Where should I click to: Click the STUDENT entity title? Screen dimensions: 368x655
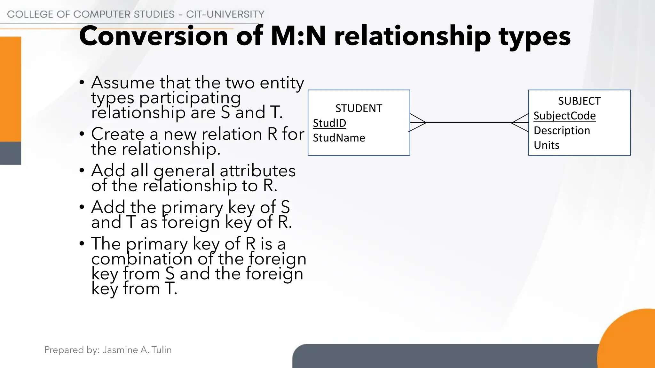tap(359, 109)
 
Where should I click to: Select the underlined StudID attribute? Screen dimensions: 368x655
tap(329, 123)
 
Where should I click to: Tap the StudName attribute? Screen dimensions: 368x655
tap(339, 138)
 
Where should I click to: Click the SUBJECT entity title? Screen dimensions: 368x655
tap(579, 101)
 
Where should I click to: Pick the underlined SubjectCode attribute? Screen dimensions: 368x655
tap(564, 116)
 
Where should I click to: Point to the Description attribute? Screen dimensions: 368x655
tap(562, 131)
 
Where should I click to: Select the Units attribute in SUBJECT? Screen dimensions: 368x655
tap(546, 145)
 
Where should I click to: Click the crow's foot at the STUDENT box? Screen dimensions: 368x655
tap(418, 123)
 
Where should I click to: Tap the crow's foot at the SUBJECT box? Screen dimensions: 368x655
tap(520, 123)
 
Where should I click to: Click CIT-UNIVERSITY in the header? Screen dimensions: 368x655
tap(225, 14)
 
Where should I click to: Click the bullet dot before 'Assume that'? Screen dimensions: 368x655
tap(82, 82)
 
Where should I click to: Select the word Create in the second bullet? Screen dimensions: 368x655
tap(118, 134)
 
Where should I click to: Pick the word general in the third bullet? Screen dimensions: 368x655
tap(184, 171)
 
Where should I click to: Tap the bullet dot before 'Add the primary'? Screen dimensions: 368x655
tap(82, 207)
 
